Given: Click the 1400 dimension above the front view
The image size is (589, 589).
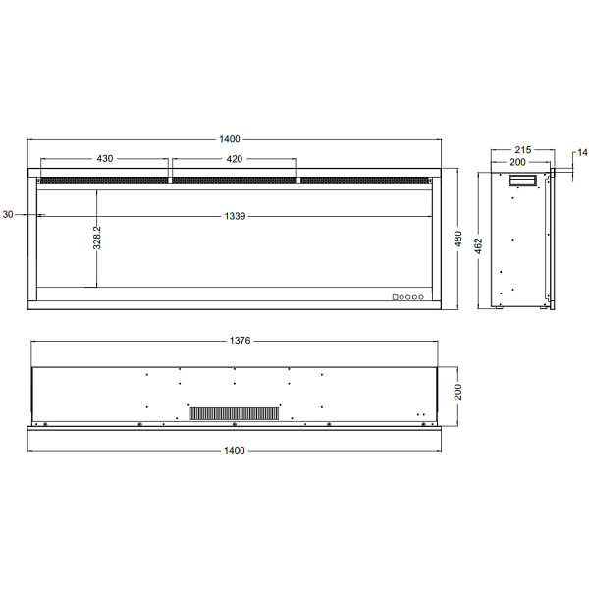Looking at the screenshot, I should [233, 139].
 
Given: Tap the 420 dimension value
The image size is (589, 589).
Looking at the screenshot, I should [235, 158].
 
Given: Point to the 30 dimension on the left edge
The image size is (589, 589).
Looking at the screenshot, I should [9, 214].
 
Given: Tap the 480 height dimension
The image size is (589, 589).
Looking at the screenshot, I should [457, 240].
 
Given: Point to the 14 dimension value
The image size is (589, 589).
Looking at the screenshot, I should [581, 152].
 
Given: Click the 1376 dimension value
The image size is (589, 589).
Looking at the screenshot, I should [241, 342].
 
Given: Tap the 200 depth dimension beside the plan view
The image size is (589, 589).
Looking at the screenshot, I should [457, 393].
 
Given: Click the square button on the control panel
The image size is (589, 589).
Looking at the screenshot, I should [396, 297].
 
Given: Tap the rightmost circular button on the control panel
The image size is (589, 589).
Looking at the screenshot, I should [423, 297].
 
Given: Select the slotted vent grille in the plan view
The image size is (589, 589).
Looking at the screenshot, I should [234, 413].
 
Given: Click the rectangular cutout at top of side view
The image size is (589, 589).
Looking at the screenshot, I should [521, 180].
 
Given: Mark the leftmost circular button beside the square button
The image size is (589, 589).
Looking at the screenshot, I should [402, 297].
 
